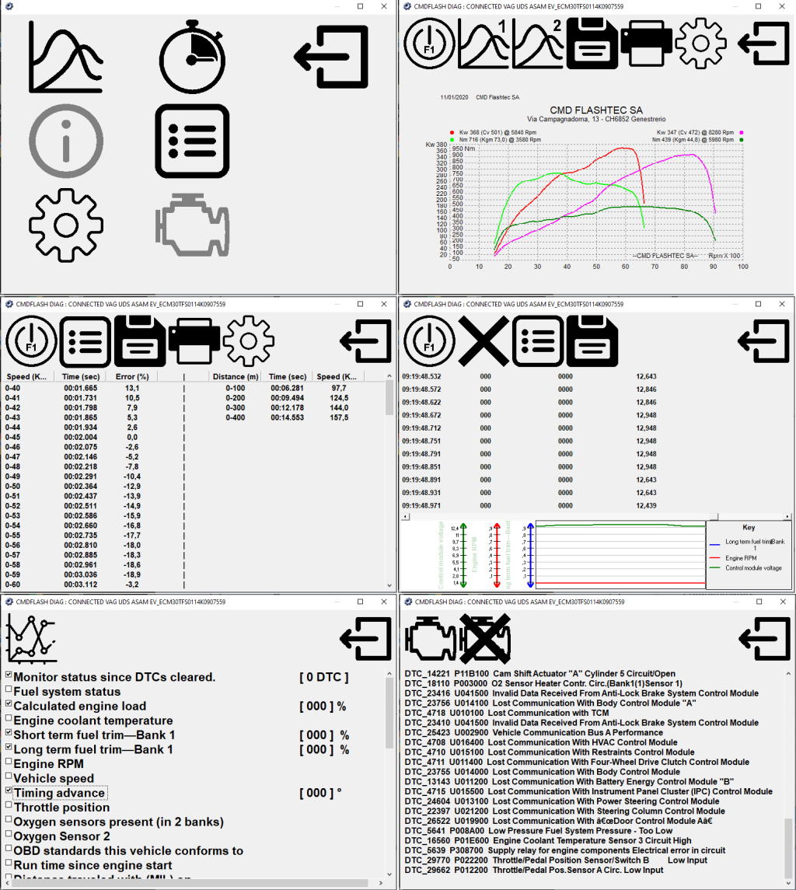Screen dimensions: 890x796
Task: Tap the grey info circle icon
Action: (65, 141)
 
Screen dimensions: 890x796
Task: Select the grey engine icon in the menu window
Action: (191, 225)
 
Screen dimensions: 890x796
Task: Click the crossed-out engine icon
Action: (480, 639)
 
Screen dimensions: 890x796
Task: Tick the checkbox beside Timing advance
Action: (9, 791)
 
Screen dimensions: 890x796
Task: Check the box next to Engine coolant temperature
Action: (9, 719)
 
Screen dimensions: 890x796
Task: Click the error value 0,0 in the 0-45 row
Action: (132, 438)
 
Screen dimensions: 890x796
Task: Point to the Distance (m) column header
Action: (235, 376)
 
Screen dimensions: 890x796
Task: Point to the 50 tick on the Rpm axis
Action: (596, 267)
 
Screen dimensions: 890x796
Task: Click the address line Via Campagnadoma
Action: (596, 120)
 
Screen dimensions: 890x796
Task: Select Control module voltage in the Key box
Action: (753, 568)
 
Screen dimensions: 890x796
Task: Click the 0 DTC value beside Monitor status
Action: (323, 677)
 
